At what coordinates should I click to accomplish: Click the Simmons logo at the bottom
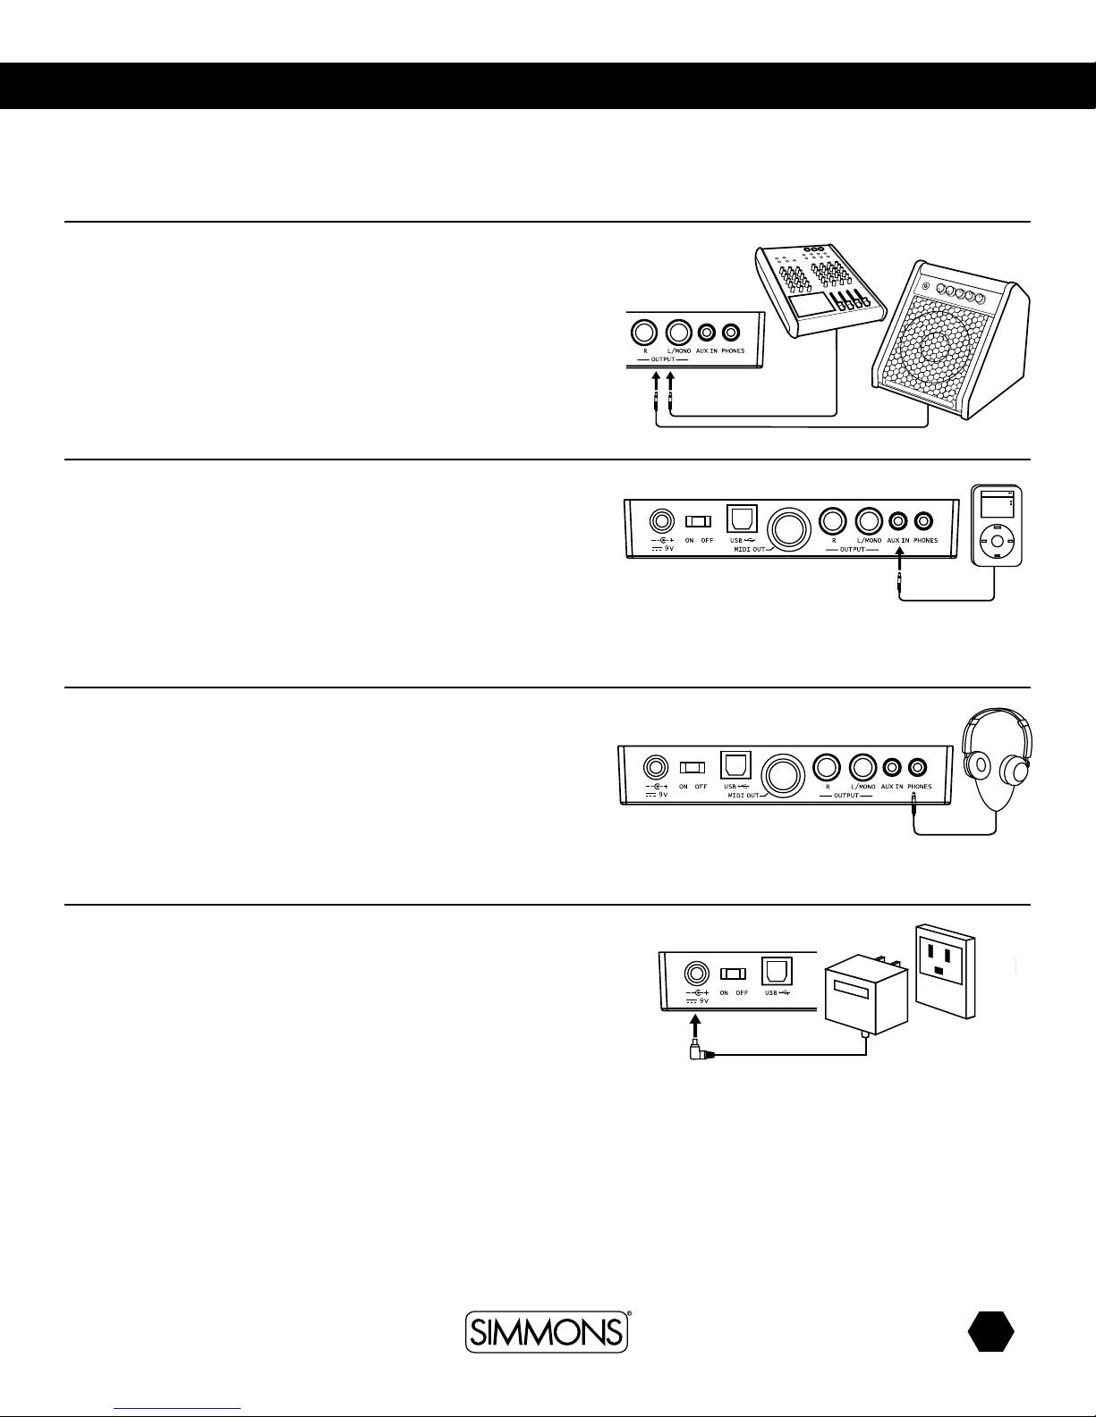(547, 1331)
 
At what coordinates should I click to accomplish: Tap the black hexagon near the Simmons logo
(991, 1331)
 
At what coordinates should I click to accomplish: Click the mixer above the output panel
(820, 291)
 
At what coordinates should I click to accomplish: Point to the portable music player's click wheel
(997, 541)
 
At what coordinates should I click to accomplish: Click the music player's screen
(997, 505)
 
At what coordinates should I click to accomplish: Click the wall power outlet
(946, 971)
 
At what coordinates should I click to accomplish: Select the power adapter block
(866, 995)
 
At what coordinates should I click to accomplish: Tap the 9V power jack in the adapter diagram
(696, 974)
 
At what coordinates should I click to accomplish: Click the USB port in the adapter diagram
(777, 972)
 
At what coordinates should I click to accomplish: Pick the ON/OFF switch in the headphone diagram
(692, 768)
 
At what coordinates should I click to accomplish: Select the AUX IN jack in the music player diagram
(898, 521)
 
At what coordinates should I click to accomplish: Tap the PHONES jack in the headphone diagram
(917, 767)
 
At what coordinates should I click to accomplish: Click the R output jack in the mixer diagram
(644, 333)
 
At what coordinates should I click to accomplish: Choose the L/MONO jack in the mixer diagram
(678, 333)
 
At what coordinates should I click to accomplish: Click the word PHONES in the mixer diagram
(733, 350)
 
